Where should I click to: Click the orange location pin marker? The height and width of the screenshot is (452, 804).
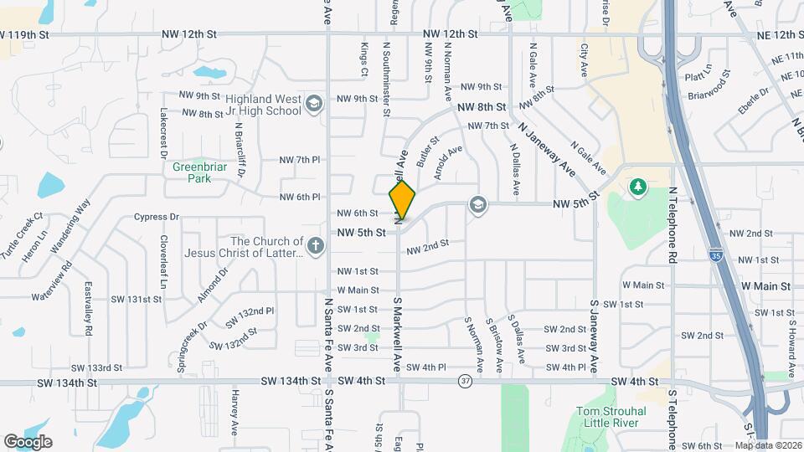click(402, 199)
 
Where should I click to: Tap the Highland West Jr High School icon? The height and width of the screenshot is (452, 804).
click(314, 103)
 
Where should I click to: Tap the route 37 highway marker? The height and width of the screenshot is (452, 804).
click(465, 382)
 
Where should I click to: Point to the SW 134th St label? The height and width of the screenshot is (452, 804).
click(68, 382)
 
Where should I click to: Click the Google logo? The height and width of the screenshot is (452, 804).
click(28, 442)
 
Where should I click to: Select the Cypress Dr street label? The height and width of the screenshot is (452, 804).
click(157, 217)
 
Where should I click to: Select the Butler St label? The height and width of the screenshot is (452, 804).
click(427, 151)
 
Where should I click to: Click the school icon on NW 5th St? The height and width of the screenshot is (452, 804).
click(477, 204)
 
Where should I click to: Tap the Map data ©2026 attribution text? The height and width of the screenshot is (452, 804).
click(768, 445)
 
